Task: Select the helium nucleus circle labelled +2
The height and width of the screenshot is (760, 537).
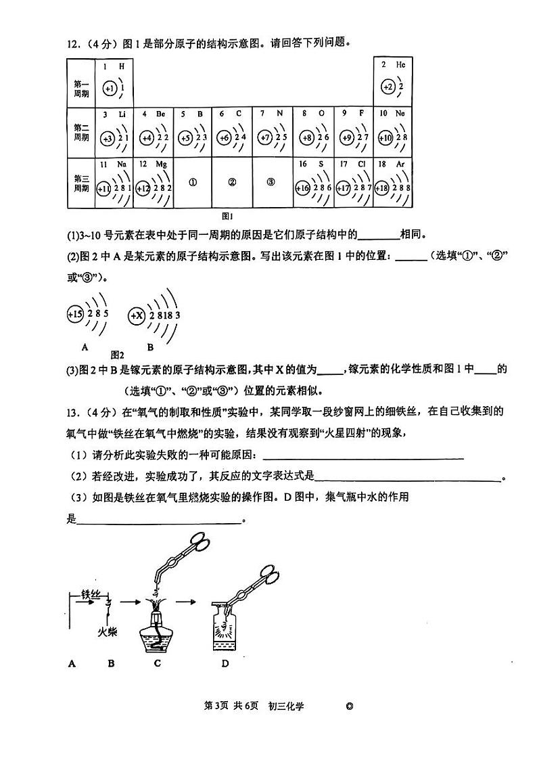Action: [387, 87]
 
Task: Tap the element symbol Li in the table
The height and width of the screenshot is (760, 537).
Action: [122, 114]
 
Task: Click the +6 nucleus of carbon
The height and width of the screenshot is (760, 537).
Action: [223, 138]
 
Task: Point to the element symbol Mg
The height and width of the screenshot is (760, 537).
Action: [162, 164]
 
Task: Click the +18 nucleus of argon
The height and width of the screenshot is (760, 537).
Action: [382, 189]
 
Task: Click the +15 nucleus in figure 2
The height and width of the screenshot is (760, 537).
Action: [74, 314]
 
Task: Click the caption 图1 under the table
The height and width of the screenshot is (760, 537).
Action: [227, 217]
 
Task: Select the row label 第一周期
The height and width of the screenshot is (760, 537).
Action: [81, 88]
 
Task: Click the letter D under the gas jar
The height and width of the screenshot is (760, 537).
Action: [225, 663]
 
